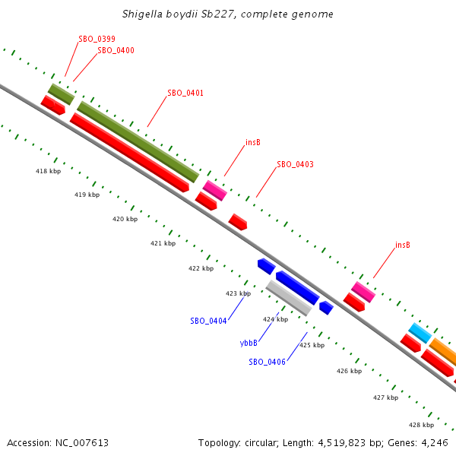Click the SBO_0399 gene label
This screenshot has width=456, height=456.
point(97,39)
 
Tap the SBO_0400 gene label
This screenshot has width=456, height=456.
point(116,50)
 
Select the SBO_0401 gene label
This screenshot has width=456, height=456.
point(185,93)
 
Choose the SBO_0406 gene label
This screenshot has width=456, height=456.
point(267,362)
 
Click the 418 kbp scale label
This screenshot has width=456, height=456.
point(48,171)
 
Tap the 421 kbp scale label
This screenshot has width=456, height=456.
point(163,243)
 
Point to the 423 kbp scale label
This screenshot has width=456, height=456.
point(238,293)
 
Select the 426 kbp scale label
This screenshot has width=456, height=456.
point(349,371)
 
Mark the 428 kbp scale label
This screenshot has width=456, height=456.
point(421,424)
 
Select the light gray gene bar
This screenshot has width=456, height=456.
point(288,298)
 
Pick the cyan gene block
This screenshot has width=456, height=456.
point(420,333)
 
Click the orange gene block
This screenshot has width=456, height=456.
point(443,351)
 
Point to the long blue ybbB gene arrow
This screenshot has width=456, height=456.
point(297,287)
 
